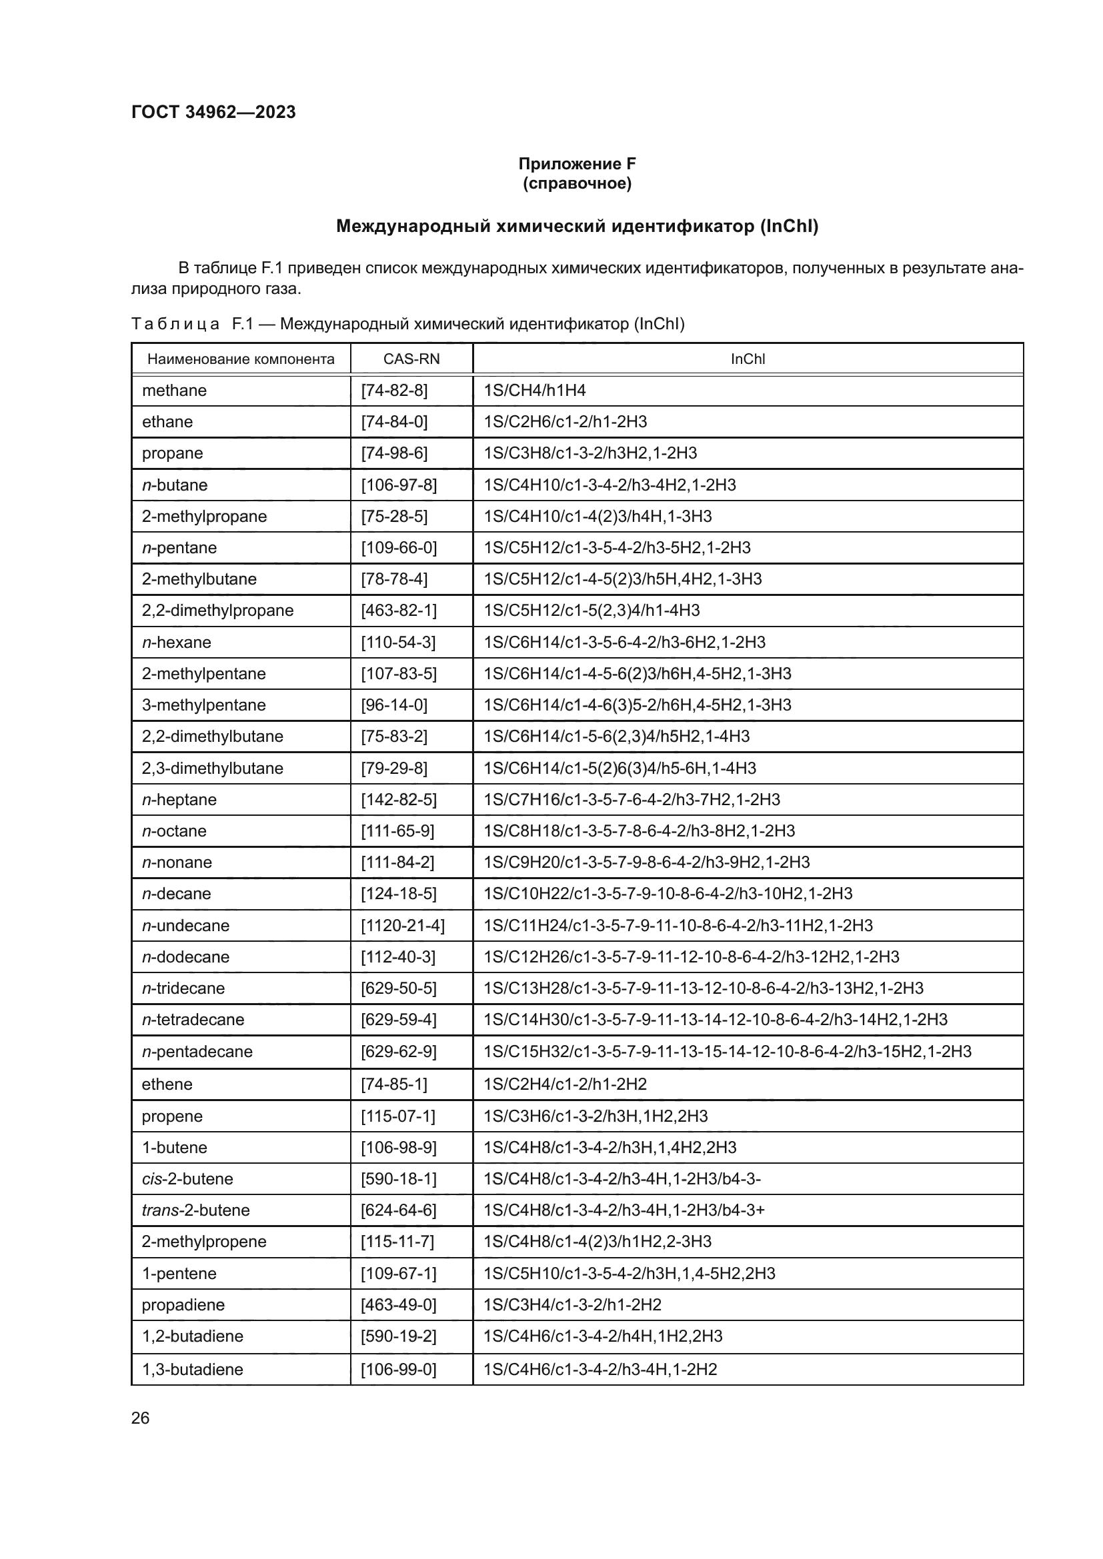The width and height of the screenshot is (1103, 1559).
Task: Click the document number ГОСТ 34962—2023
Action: click(x=213, y=112)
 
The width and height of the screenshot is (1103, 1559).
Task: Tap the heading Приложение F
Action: click(x=577, y=164)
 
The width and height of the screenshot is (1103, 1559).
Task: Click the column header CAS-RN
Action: click(x=411, y=359)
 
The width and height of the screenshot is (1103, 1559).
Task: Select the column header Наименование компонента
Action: click(x=241, y=359)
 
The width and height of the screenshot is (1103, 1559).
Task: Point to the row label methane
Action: click(x=174, y=391)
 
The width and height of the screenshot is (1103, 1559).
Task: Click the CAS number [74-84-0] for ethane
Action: click(x=394, y=422)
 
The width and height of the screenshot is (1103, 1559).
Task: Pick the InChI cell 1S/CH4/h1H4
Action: click(x=535, y=391)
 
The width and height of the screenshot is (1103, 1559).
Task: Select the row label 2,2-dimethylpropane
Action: click(x=217, y=611)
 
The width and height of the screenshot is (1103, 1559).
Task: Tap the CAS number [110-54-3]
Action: click(x=398, y=643)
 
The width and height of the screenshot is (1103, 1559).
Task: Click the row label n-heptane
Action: click(x=179, y=800)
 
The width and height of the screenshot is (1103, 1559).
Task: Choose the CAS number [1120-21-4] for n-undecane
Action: click(x=403, y=926)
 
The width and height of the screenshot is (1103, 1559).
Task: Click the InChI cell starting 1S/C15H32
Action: click(x=727, y=1052)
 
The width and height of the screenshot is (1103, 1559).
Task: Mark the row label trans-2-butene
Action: click(x=195, y=1210)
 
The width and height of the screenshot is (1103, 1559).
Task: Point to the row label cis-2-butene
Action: click(x=187, y=1179)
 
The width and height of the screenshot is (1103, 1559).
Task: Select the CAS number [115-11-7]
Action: click(x=397, y=1241)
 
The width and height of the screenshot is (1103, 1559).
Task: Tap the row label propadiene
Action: click(x=183, y=1304)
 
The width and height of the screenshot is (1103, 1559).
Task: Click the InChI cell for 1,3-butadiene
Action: click(x=600, y=1369)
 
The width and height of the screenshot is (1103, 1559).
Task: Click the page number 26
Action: click(x=140, y=1418)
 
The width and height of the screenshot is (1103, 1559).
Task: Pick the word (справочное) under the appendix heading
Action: click(x=577, y=183)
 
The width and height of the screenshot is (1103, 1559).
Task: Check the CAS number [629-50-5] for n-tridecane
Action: click(x=398, y=988)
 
